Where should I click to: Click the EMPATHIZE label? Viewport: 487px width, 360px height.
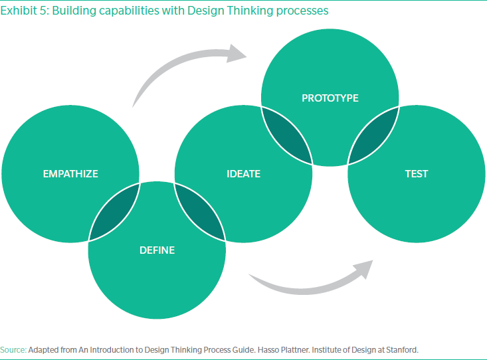pyautogui.click(x=70, y=174)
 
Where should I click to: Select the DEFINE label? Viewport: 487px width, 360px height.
pyautogui.click(x=157, y=250)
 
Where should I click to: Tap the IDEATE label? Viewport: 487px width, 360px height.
pyautogui.click(x=243, y=174)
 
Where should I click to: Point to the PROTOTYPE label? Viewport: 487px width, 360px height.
pyautogui.click(x=330, y=98)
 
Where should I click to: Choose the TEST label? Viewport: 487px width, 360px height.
pyautogui.click(x=417, y=174)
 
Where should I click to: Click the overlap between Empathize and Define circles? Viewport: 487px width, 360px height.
pyautogui.click(x=115, y=212)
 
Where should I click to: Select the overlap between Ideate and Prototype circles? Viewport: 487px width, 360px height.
pyautogui.click(x=286, y=136)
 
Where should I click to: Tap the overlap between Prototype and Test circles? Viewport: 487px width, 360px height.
pyautogui.click(x=373, y=136)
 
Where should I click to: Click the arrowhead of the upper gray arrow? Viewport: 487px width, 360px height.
pyautogui.click(x=235, y=54)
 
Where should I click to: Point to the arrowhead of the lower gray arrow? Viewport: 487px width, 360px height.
pyautogui.click(x=362, y=268)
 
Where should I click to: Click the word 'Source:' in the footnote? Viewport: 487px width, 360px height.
pyautogui.click(x=13, y=348)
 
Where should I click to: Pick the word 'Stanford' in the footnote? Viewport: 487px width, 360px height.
pyautogui.click(x=402, y=348)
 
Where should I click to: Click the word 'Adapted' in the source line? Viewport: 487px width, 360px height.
pyautogui.click(x=43, y=348)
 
